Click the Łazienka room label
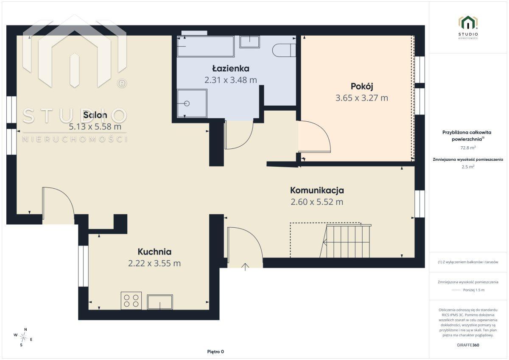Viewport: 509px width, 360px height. (x=231, y=69)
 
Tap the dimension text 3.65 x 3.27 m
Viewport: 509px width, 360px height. (x=362, y=98)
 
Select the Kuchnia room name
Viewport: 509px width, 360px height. (x=154, y=251)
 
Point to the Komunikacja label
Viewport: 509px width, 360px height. (x=317, y=190)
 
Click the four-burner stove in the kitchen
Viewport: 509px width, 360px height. (x=131, y=301)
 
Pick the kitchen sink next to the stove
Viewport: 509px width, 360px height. (x=160, y=302)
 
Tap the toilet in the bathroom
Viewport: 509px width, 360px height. (x=284, y=50)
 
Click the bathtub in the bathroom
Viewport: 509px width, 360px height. (x=206, y=46)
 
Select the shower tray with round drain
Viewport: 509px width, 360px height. (x=192, y=103)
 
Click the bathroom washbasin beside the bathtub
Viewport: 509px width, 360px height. (x=250, y=42)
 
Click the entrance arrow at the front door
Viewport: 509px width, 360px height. (x=245, y=267)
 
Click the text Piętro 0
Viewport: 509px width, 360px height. (x=215, y=352)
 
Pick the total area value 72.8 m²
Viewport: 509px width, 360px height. (x=468, y=148)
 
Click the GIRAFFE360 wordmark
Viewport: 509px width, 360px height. (x=468, y=345)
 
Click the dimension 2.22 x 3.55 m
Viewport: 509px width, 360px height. (x=154, y=263)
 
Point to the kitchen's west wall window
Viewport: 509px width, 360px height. (x=83, y=266)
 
